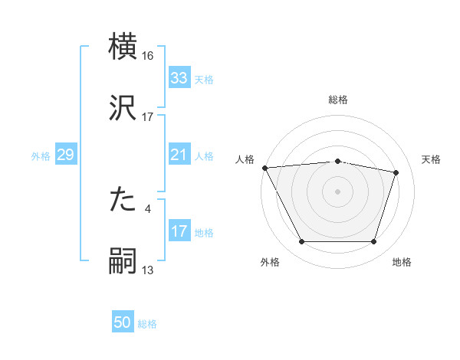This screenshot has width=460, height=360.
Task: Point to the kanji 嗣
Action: pyautogui.click(x=123, y=260)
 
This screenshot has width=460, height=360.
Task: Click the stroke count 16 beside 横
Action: pyautogui.click(x=148, y=56)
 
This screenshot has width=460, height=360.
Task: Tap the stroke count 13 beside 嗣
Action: pyautogui.click(x=148, y=270)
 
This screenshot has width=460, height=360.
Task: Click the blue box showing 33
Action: pyautogui.click(x=179, y=78)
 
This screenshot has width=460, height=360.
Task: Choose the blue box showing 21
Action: pyautogui.click(x=179, y=155)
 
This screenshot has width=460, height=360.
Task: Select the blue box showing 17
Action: pyautogui.click(x=179, y=231)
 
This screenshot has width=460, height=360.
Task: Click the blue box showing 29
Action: pyautogui.click(x=65, y=155)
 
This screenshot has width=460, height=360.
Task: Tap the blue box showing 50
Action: pyautogui.click(x=123, y=323)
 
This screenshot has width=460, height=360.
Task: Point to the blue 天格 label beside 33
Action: pyautogui.click(x=204, y=79)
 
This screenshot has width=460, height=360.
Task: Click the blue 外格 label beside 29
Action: pyautogui.click(x=41, y=156)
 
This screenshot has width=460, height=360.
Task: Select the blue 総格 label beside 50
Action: pyautogui.click(x=147, y=324)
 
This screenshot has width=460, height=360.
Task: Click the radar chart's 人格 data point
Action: pyautogui.click(x=264, y=168)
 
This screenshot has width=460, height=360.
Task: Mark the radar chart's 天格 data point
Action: pyautogui.click(x=396, y=172)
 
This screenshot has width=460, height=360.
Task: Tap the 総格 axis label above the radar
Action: pyautogui.click(x=337, y=100)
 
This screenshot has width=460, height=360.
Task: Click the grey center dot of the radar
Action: pyautogui.click(x=337, y=191)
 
